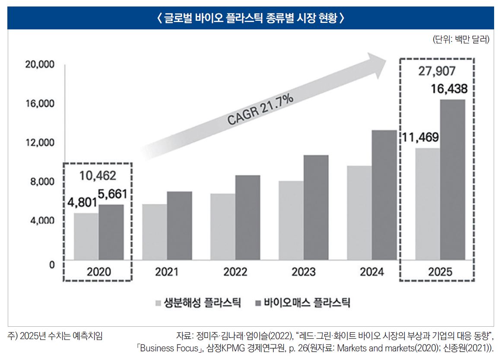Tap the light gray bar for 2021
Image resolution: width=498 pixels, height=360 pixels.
(x=154, y=232)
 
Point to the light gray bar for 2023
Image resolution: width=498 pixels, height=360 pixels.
(x=291, y=220)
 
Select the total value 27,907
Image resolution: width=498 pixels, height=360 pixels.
(x=437, y=71)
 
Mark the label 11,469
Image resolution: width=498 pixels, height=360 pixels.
(x=421, y=137)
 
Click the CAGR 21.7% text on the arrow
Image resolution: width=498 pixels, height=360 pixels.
(x=260, y=111)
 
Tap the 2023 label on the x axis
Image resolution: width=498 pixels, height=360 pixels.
(x=303, y=272)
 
